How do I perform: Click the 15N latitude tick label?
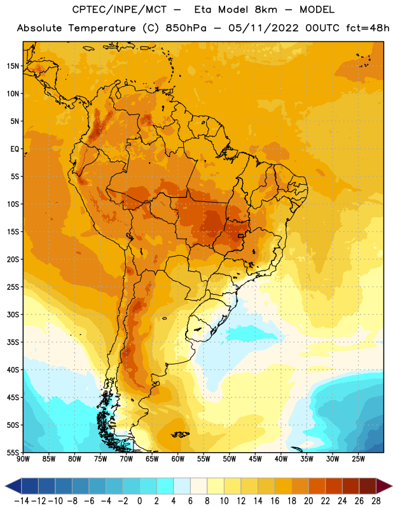(13, 66)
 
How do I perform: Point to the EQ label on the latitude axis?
(15, 149)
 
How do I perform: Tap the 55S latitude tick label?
(13, 452)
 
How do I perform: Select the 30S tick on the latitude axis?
(13, 314)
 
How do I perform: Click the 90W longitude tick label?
(23, 458)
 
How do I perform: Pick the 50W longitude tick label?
(230, 458)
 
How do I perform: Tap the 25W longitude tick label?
(358, 458)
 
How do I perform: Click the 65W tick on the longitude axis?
(152, 458)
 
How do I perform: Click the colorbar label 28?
(376, 501)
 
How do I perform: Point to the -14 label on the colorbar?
(22, 501)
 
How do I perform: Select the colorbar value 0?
(140, 501)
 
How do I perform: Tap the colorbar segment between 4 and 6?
(182, 486)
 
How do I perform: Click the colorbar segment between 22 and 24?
(334, 486)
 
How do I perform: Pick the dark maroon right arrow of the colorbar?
(383, 486)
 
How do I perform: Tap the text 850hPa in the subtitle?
(186, 28)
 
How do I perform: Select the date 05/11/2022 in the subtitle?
(263, 28)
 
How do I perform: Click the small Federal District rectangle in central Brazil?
(240, 236)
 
